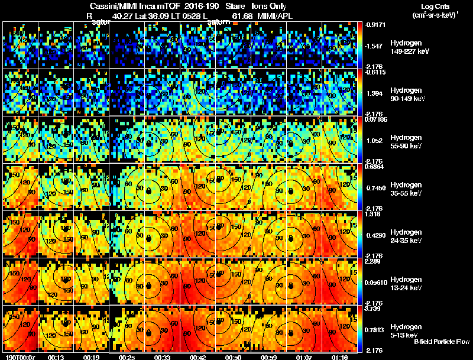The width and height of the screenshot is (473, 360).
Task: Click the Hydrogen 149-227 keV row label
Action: point(409,47)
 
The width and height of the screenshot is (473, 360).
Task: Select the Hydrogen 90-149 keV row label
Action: point(409,95)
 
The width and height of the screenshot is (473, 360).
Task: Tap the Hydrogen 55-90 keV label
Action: point(409,142)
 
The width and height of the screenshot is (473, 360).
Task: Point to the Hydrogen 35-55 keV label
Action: point(409,189)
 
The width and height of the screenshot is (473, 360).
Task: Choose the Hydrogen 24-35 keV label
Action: point(409,236)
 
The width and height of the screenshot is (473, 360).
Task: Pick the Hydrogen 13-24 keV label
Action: point(409,283)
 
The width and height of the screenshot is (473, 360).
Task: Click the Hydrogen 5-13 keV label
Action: point(409,330)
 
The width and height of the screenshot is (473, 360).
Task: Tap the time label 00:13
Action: point(56,357)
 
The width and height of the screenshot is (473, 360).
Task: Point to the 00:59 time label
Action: point(269,357)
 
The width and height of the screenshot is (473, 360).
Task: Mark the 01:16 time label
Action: point(339,357)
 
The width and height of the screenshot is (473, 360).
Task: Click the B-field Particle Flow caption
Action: point(441,342)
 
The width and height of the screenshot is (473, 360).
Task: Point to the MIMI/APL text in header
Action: point(274,16)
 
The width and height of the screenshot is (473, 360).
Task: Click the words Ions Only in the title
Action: point(269,5)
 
